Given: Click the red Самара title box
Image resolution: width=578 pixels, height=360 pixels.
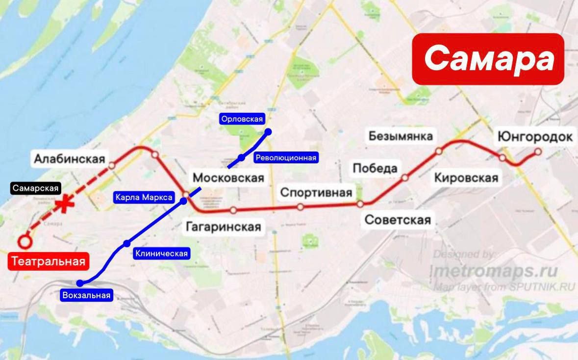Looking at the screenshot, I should [x=488, y=59].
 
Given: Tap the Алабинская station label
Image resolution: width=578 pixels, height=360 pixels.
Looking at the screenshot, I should [x=69, y=159].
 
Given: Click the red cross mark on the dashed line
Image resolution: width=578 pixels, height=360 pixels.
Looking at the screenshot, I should [x=64, y=205].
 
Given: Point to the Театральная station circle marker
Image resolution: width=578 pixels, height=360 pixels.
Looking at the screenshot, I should [x=25, y=241].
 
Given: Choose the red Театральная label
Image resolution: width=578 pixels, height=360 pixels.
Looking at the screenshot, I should [x=49, y=261].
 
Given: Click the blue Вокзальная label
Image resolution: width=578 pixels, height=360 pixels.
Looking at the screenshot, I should [x=87, y=295].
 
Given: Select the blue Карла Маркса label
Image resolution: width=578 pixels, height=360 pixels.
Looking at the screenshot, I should [x=144, y=198].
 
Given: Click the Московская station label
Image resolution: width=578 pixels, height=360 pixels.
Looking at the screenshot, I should [x=228, y=178].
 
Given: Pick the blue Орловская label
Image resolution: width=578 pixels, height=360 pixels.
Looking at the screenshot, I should [x=242, y=119].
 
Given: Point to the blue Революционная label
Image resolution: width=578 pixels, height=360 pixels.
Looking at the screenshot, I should [x=286, y=157].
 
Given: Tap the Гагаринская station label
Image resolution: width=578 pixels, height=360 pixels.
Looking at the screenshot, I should [x=223, y=227].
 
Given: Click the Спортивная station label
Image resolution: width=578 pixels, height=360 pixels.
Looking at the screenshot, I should [x=316, y=192].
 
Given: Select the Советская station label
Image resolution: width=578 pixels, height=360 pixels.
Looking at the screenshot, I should [x=398, y=220].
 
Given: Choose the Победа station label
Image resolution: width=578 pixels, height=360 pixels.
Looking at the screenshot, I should [x=375, y=168].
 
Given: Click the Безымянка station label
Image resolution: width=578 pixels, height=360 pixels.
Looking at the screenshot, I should [x=401, y=135].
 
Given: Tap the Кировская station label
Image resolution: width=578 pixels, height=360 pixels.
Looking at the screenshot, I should [x=466, y=178].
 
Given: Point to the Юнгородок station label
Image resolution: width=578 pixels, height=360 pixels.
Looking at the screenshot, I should [x=535, y=137].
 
